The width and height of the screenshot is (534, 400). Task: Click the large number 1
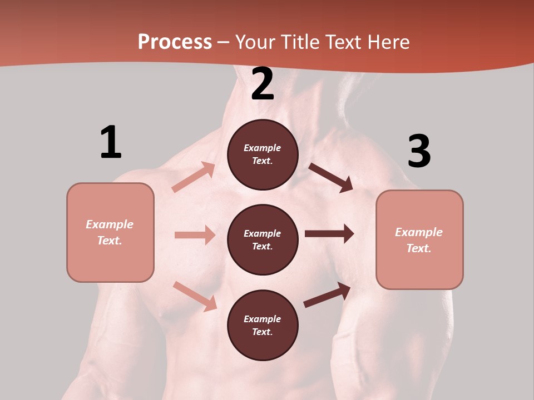111,142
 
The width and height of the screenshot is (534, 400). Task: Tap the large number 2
263,84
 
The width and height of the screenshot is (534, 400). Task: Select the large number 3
419,151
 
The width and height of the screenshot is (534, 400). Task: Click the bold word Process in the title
175,42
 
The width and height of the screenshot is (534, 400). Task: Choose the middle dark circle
263,239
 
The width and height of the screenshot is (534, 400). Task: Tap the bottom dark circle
263,325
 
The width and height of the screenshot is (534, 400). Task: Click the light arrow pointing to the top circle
194,177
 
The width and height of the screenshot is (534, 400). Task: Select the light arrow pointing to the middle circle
195,235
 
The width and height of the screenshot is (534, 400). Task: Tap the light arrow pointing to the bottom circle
195,296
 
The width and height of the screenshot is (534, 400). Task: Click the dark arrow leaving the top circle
331,177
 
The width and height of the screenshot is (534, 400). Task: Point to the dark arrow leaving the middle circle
329,234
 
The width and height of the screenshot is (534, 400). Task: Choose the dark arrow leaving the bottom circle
327,295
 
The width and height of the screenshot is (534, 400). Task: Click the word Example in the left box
110,224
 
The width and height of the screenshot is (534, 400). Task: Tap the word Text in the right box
419,248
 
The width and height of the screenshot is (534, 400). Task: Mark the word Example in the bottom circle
263,319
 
